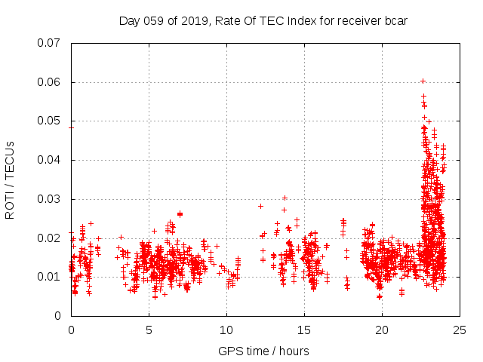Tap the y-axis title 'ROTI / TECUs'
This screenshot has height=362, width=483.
coord(11,179)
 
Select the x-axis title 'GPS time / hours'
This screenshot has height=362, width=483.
coord(263,351)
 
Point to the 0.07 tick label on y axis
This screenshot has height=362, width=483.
coord(50,43)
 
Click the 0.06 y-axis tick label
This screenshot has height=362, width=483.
coord(50,82)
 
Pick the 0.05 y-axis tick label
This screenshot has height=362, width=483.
coord(50,121)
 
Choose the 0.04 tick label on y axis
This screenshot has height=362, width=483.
coord(50,160)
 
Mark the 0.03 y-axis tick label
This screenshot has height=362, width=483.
coord(50,199)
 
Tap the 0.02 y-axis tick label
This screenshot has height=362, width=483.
coord(50,238)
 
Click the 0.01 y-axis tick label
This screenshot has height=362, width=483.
coord(50,277)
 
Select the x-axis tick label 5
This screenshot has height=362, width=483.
coord(149,330)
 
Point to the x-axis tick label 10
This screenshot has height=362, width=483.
coord(226,330)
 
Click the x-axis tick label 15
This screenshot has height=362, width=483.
coord(304,330)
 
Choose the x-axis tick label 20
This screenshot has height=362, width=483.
coord(382,330)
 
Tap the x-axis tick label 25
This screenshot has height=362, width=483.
coord(460,330)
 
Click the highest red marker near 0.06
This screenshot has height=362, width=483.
coord(423,81)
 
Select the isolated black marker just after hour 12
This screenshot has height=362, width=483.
coord(260,206)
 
